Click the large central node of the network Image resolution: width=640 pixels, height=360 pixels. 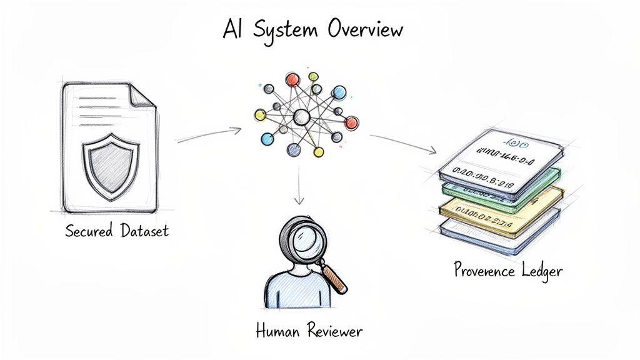click(302, 116)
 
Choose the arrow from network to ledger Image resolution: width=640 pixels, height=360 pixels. click(402, 142)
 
